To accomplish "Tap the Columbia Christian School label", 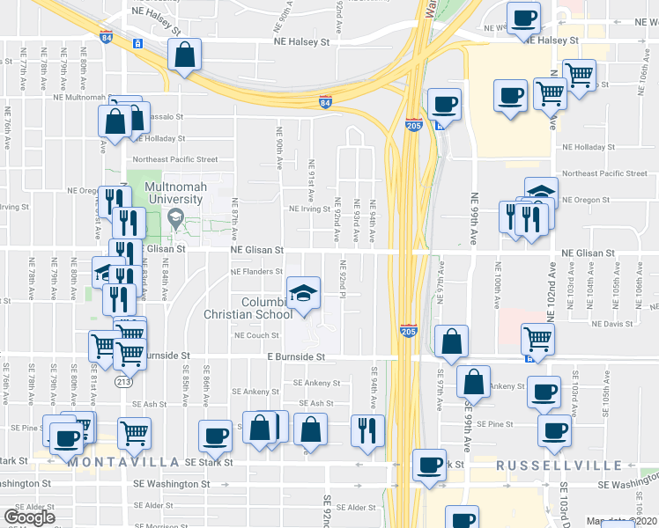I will [261, 308].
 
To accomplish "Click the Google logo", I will [29, 517].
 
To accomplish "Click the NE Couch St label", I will [256, 335].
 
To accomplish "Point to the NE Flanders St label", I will [256, 272].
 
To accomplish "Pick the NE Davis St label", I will [612, 323].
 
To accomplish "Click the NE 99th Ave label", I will [474, 218].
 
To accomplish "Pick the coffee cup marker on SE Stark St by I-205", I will [429, 466].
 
